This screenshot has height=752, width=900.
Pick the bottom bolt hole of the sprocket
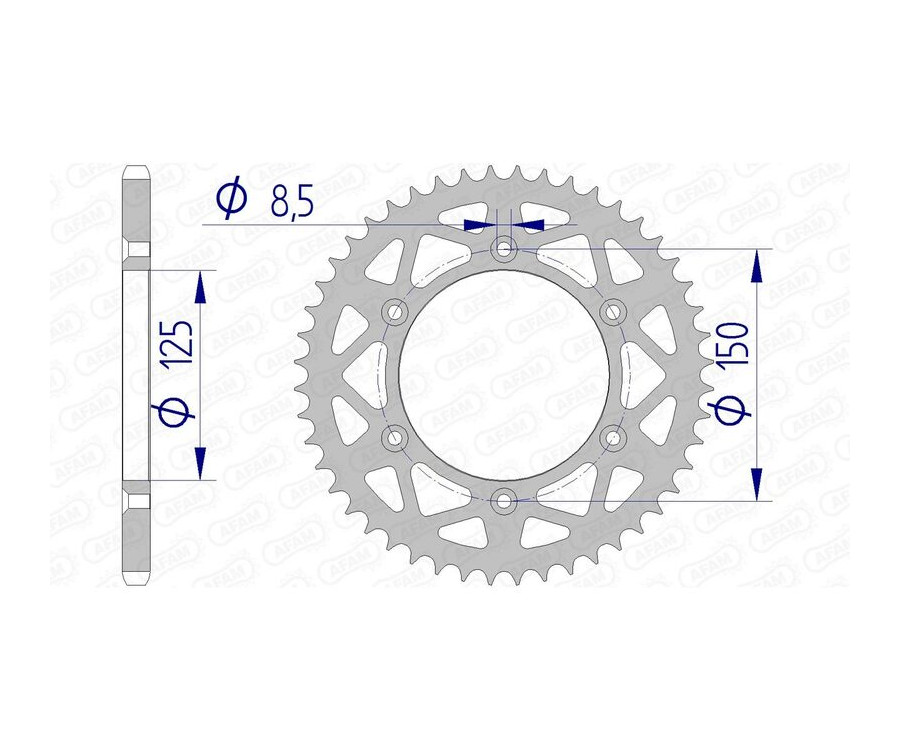click(505, 499)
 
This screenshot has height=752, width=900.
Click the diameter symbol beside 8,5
click(231, 199)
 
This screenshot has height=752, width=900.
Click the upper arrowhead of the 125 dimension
click(201, 287)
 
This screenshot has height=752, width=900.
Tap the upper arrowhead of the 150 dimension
click(760, 266)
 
